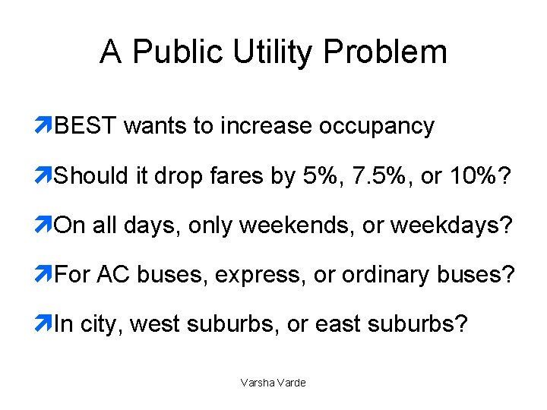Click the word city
tap(100, 325)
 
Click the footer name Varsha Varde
tap(273, 383)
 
